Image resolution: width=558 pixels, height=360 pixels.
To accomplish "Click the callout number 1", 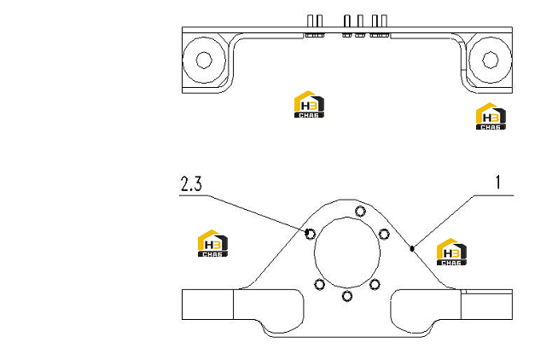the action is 498,183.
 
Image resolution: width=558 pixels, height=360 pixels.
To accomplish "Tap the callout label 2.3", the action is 191,184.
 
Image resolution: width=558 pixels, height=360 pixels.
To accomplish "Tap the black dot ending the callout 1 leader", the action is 412,248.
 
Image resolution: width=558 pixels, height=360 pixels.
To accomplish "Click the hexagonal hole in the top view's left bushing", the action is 204,60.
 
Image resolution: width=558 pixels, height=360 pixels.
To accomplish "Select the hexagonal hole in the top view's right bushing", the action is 490,60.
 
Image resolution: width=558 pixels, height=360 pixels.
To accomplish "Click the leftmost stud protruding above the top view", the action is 310,20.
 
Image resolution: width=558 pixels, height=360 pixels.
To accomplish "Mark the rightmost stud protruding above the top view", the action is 384,20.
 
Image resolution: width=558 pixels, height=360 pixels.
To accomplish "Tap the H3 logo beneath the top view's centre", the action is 309,104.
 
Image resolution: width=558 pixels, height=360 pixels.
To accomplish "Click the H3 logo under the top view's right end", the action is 491,116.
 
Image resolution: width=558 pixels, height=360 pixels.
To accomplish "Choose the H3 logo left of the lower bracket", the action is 212,243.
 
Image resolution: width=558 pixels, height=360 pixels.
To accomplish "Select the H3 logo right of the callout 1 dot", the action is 451,252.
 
